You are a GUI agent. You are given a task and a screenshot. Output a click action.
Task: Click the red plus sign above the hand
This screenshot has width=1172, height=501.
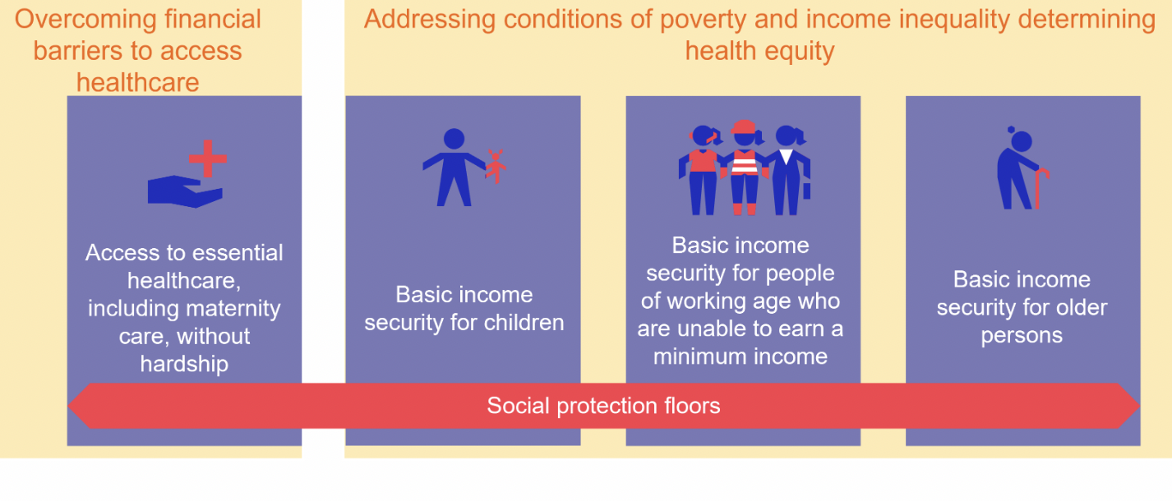click(x=206, y=158)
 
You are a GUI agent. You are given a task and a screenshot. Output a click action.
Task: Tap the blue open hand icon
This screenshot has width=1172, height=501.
click(x=183, y=191)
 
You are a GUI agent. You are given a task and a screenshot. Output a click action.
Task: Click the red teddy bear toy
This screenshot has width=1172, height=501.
click(x=495, y=165)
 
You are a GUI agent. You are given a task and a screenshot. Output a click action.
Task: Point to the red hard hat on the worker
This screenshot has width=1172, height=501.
click(x=743, y=127)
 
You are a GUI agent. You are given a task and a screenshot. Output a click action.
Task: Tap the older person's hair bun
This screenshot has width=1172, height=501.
click(x=1012, y=130)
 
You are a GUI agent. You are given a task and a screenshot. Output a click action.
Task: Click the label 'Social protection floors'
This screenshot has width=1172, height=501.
click(x=603, y=406)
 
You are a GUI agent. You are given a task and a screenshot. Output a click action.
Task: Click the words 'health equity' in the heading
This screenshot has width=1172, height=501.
click(x=759, y=51)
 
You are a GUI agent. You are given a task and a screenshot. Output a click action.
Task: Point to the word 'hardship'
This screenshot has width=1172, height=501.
click(x=183, y=364)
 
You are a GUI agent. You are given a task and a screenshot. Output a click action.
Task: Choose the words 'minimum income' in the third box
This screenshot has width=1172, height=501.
click(x=740, y=356)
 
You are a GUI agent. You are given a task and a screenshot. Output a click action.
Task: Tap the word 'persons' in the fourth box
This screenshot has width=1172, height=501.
click(x=1022, y=336)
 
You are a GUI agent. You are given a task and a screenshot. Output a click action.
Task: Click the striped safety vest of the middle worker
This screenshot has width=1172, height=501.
click(x=745, y=164)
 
